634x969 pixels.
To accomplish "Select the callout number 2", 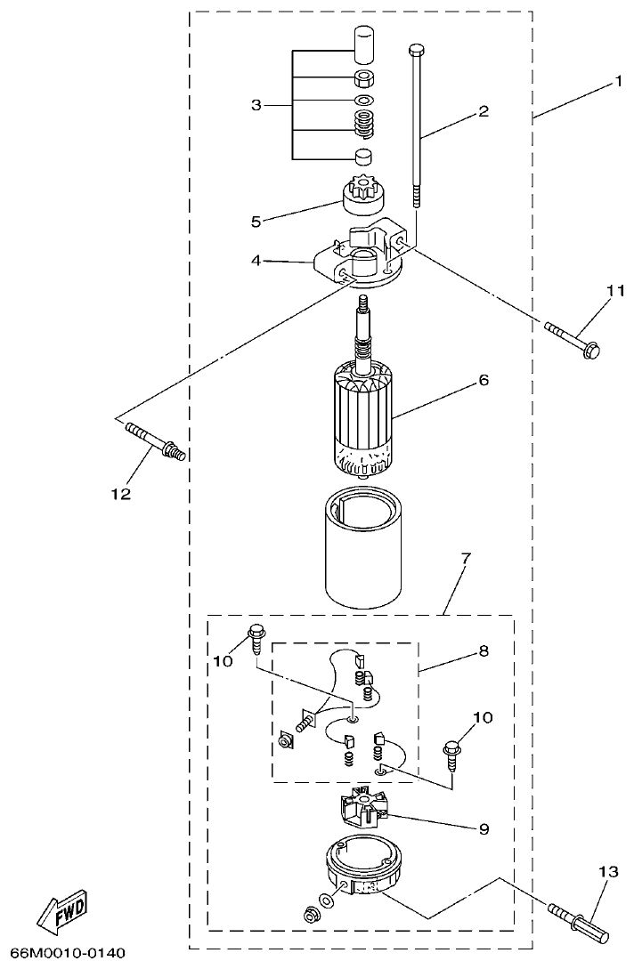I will click(x=484, y=111).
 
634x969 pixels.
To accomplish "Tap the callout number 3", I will click(x=256, y=106).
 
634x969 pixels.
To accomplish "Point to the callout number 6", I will click(x=484, y=379).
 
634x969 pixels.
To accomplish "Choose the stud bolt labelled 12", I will click(x=156, y=441).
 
